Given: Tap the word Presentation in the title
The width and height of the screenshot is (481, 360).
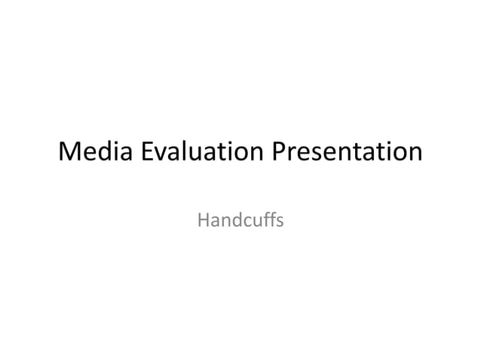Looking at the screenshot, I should (x=347, y=153).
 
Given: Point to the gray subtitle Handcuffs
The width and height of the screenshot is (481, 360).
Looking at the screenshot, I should (x=240, y=221).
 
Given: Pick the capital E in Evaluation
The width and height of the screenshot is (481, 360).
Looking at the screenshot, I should (x=146, y=153).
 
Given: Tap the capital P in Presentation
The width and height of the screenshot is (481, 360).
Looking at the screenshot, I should (x=279, y=153).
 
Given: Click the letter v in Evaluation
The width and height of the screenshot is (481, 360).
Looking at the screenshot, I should (x=161, y=154).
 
